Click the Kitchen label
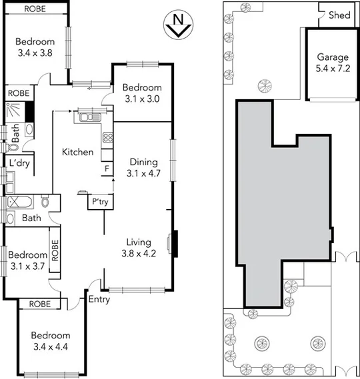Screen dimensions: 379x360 click(x=77, y=153)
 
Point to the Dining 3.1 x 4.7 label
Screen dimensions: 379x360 click(x=143, y=168)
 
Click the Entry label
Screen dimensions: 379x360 click(x=99, y=300)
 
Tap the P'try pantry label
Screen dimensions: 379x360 click(x=100, y=202)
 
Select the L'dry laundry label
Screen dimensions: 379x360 click(x=17, y=163)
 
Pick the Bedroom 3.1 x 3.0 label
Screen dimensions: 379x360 click(x=142, y=93)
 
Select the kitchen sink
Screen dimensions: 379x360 click(x=87, y=118)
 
